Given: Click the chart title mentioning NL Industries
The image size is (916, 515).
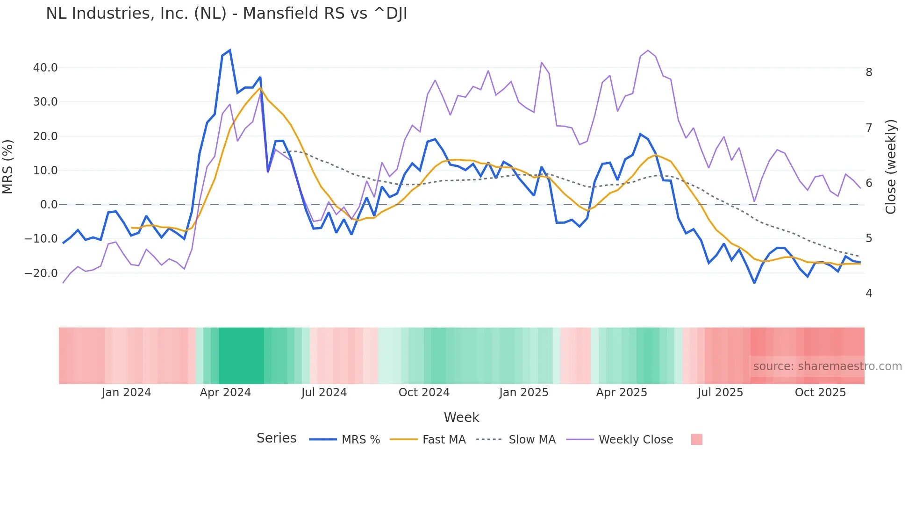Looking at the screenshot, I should (x=227, y=14).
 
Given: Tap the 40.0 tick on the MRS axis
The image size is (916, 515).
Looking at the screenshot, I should (x=45, y=68).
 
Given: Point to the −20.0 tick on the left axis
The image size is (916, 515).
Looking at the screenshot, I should (x=41, y=273).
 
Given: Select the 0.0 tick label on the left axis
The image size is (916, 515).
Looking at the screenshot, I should (x=49, y=205).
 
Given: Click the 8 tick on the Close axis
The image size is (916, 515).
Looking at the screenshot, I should (x=869, y=72).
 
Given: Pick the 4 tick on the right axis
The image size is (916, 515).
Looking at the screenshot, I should (x=869, y=293).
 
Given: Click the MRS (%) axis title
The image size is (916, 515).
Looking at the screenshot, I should (x=8, y=167).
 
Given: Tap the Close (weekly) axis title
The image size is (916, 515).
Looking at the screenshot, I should (x=891, y=167).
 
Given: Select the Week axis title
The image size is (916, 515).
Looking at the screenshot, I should (x=461, y=417).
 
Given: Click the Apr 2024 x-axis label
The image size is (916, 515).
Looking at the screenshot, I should (x=225, y=393).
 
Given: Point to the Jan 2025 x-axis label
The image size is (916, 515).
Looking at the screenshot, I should (x=523, y=393).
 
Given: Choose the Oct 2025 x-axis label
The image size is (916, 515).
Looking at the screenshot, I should (x=820, y=393).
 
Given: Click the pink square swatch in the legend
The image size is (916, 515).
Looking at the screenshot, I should (x=696, y=440).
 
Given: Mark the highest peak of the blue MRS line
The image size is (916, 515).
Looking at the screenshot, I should (x=229, y=50).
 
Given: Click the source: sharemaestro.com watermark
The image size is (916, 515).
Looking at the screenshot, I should (x=827, y=366).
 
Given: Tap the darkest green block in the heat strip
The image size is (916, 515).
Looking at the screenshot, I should (x=241, y=356).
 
